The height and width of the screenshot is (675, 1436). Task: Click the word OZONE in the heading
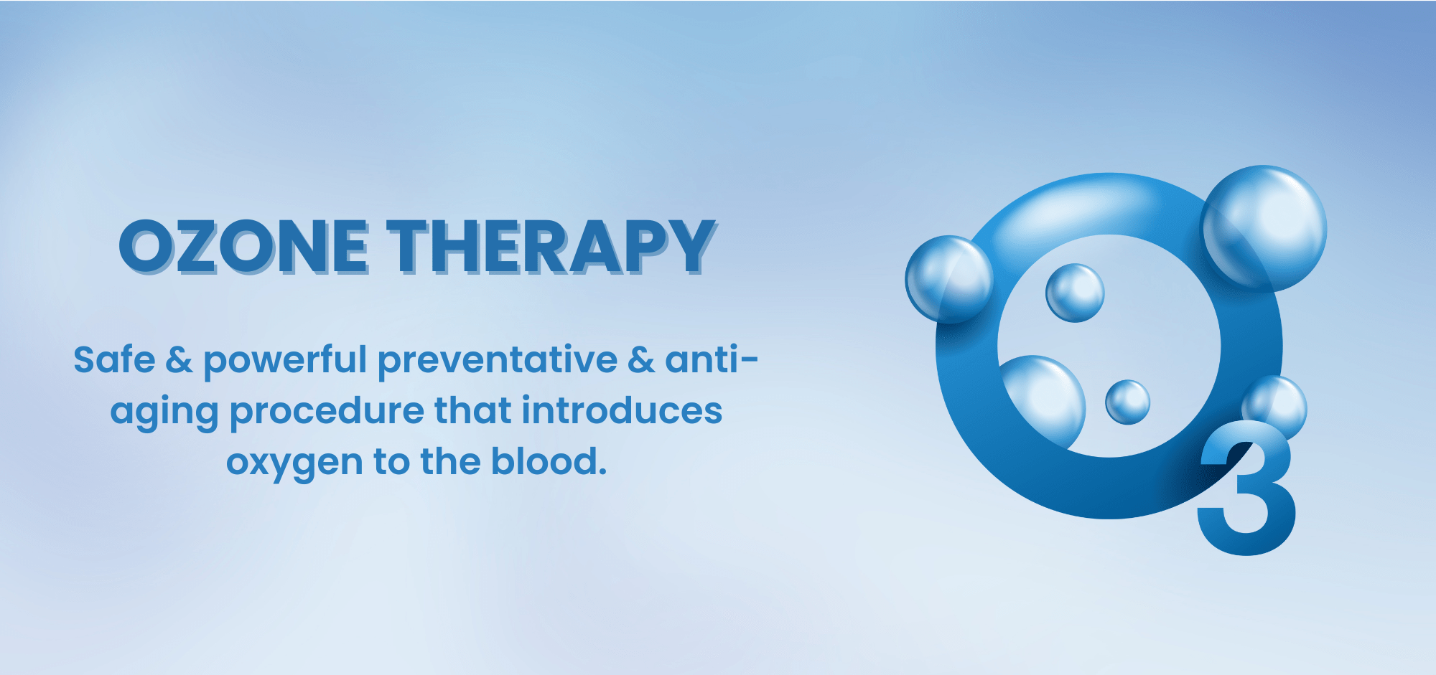[244, 247]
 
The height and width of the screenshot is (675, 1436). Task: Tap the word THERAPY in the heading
[551, 247]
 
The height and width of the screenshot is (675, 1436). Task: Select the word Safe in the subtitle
[114, 359]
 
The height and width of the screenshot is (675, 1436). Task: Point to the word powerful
[285, 361]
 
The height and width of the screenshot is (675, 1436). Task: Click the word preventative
[497, 361]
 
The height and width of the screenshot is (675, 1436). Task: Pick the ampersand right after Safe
[179, 359]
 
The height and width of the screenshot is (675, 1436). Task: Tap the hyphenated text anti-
[711, 359]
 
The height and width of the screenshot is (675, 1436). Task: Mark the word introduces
[621, 410]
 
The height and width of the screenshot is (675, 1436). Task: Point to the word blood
[549, 461]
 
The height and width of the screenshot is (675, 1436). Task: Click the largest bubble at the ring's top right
[1265, 227]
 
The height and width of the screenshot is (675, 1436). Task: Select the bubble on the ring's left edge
[948, 279]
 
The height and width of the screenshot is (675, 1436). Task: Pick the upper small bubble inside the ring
[1075, 293]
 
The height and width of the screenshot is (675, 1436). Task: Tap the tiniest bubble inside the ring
[1127, 402]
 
